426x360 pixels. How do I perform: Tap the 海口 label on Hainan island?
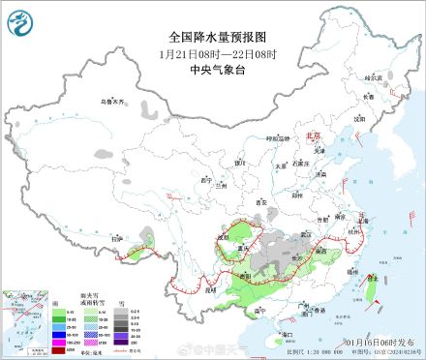(286, 333)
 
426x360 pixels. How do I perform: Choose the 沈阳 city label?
(359, 118)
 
